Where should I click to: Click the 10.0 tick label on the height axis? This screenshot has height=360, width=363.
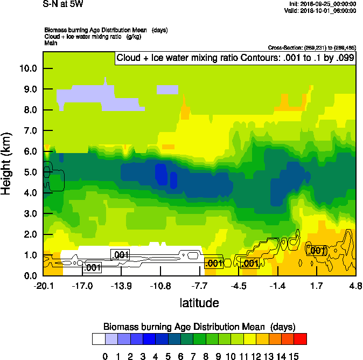(28, 68)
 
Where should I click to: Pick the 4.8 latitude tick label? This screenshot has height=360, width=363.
(355, 285)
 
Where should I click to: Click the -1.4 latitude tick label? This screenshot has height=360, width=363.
(278, 285)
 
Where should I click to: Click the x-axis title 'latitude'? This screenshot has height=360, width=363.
(199, 303)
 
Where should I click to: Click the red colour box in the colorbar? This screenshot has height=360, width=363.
(301, 338)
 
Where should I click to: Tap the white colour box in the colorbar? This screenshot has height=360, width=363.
(99, 338)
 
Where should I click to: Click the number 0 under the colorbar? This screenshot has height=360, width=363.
(105, 356)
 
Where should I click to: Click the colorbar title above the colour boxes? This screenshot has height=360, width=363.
(199, 327)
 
